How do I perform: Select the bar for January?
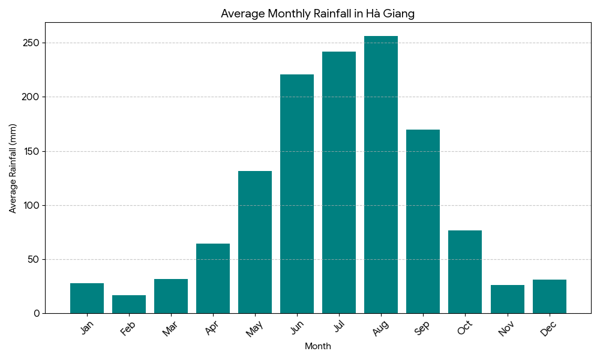[x=87, y=298]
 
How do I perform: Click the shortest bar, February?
[x=129, y=304]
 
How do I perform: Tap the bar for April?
[x=213, y=278]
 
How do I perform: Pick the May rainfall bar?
[x=255, y=242]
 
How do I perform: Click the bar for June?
[x=297, y=194]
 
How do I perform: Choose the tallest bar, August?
[x=381, y=175]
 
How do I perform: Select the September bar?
[x=423, y=221]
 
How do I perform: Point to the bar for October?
[x=465, y=272]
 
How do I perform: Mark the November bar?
[x=507, y=299]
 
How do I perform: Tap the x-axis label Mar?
[x=171, y=329]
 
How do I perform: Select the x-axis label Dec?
[x=549, y=329]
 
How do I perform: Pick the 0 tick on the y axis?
[x=36, y=313]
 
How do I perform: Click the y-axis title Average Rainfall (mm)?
[x=13, y=168]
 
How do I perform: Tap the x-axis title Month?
[x=318, y=346]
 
